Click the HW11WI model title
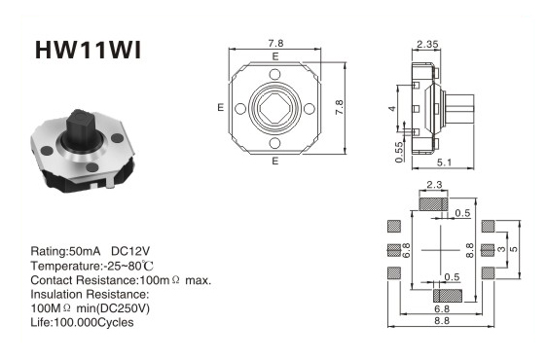(89, 51)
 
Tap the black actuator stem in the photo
(81, 128)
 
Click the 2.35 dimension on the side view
(427, 45)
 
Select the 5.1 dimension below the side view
(444, 162)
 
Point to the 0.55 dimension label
(399, 152)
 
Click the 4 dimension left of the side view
(392, 109)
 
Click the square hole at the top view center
(274, 109)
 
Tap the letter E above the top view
(275, 56)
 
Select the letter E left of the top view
(220, 107)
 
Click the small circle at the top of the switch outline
(274, 74)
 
